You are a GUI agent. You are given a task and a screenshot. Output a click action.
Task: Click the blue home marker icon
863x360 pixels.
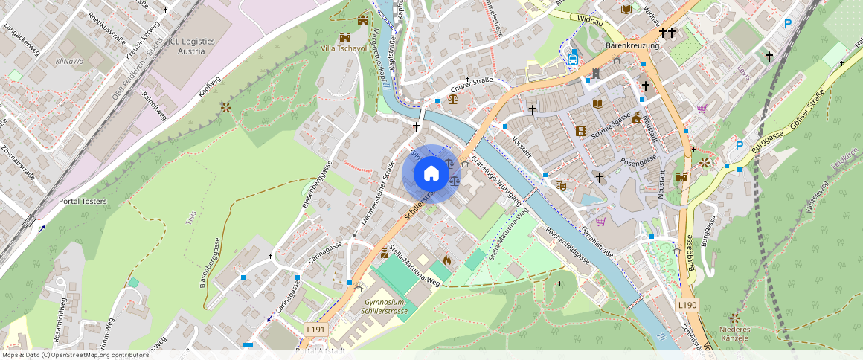point(431,175)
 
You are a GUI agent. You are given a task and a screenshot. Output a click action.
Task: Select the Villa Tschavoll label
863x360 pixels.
point(344,49)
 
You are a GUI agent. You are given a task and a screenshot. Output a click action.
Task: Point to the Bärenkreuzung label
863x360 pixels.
point(632,46)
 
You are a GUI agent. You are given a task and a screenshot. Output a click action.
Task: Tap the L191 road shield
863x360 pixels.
point(315,328)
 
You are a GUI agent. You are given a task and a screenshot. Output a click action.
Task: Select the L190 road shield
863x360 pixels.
point(687,305)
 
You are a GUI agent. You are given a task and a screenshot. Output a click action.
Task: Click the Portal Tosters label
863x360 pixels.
point(83,202)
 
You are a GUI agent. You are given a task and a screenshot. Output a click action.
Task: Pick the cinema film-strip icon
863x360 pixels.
point(580,132)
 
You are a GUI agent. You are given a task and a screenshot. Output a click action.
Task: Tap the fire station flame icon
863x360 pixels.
point(447,260)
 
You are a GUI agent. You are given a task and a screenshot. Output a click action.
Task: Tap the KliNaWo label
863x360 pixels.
point(69,61)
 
